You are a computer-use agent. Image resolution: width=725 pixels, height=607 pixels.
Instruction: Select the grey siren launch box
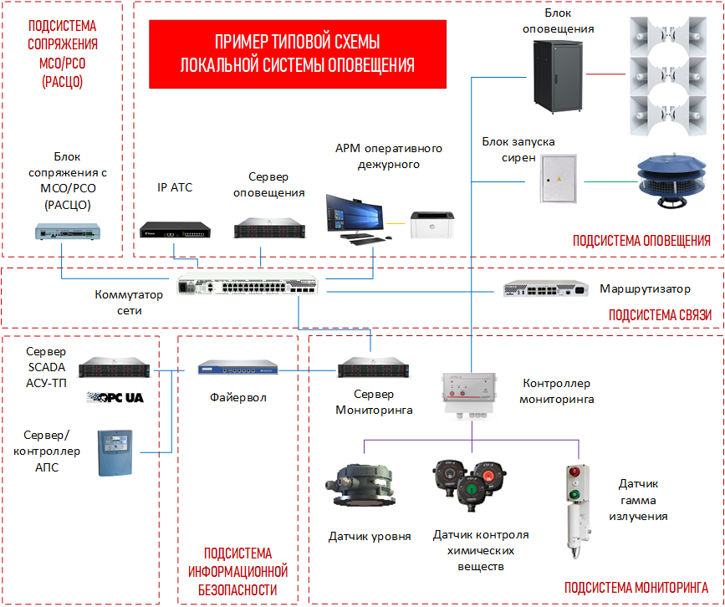559,178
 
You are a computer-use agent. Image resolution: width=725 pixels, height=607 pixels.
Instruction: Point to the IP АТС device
175,227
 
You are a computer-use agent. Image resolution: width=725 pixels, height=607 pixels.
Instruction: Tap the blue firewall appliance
237,367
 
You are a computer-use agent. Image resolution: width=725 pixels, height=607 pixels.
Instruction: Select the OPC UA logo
115,396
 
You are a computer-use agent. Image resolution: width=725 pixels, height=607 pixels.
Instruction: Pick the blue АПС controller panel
116,451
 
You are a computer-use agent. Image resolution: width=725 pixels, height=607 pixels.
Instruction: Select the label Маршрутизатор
645,289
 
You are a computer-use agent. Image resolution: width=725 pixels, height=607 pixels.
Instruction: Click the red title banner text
297,54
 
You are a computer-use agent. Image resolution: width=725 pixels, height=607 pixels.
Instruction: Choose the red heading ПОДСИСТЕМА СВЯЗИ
659,315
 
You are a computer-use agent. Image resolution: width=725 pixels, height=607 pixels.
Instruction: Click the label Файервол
237,397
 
